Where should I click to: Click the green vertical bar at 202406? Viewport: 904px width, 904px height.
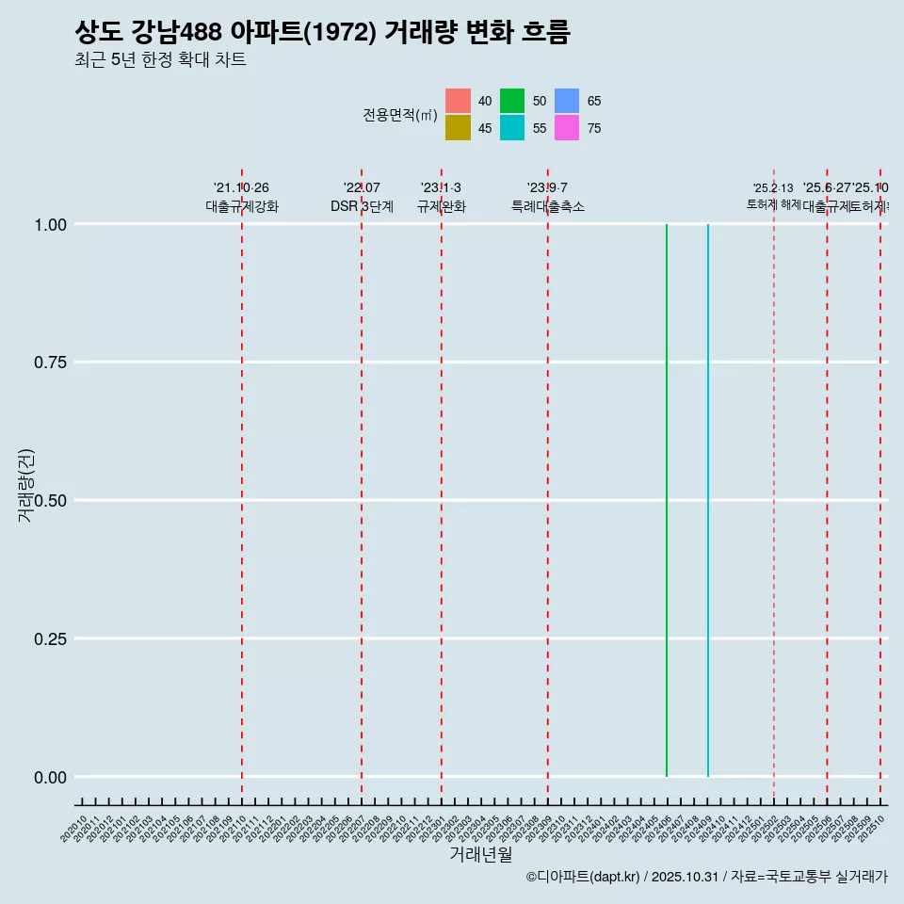[x=667, y=500]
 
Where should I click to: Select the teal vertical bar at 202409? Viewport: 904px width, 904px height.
[x=707, y=500]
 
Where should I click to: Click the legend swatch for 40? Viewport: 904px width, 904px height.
[x=458, y=101]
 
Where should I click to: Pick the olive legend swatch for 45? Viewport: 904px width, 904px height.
[x=458, y=128]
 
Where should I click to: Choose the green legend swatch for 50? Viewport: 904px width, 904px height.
[x=512, y=101]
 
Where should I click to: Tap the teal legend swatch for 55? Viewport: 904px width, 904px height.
[x=512, y=128]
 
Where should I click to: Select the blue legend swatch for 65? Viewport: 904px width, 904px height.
[x=567, y=101]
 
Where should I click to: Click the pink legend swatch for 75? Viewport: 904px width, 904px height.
[x=567, y=128]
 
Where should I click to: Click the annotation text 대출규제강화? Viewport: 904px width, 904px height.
[x=242, y=206]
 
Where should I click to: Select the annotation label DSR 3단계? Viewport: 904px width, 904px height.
[x=362, y=206]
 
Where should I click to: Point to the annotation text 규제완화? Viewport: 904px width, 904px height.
[x=441, y=206]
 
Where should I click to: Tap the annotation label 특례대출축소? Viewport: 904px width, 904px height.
[x=548, y=206]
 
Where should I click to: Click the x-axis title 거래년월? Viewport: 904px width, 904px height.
[x=481, y=855]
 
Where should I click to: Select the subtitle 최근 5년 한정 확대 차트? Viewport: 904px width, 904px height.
[x=160, y=60]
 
